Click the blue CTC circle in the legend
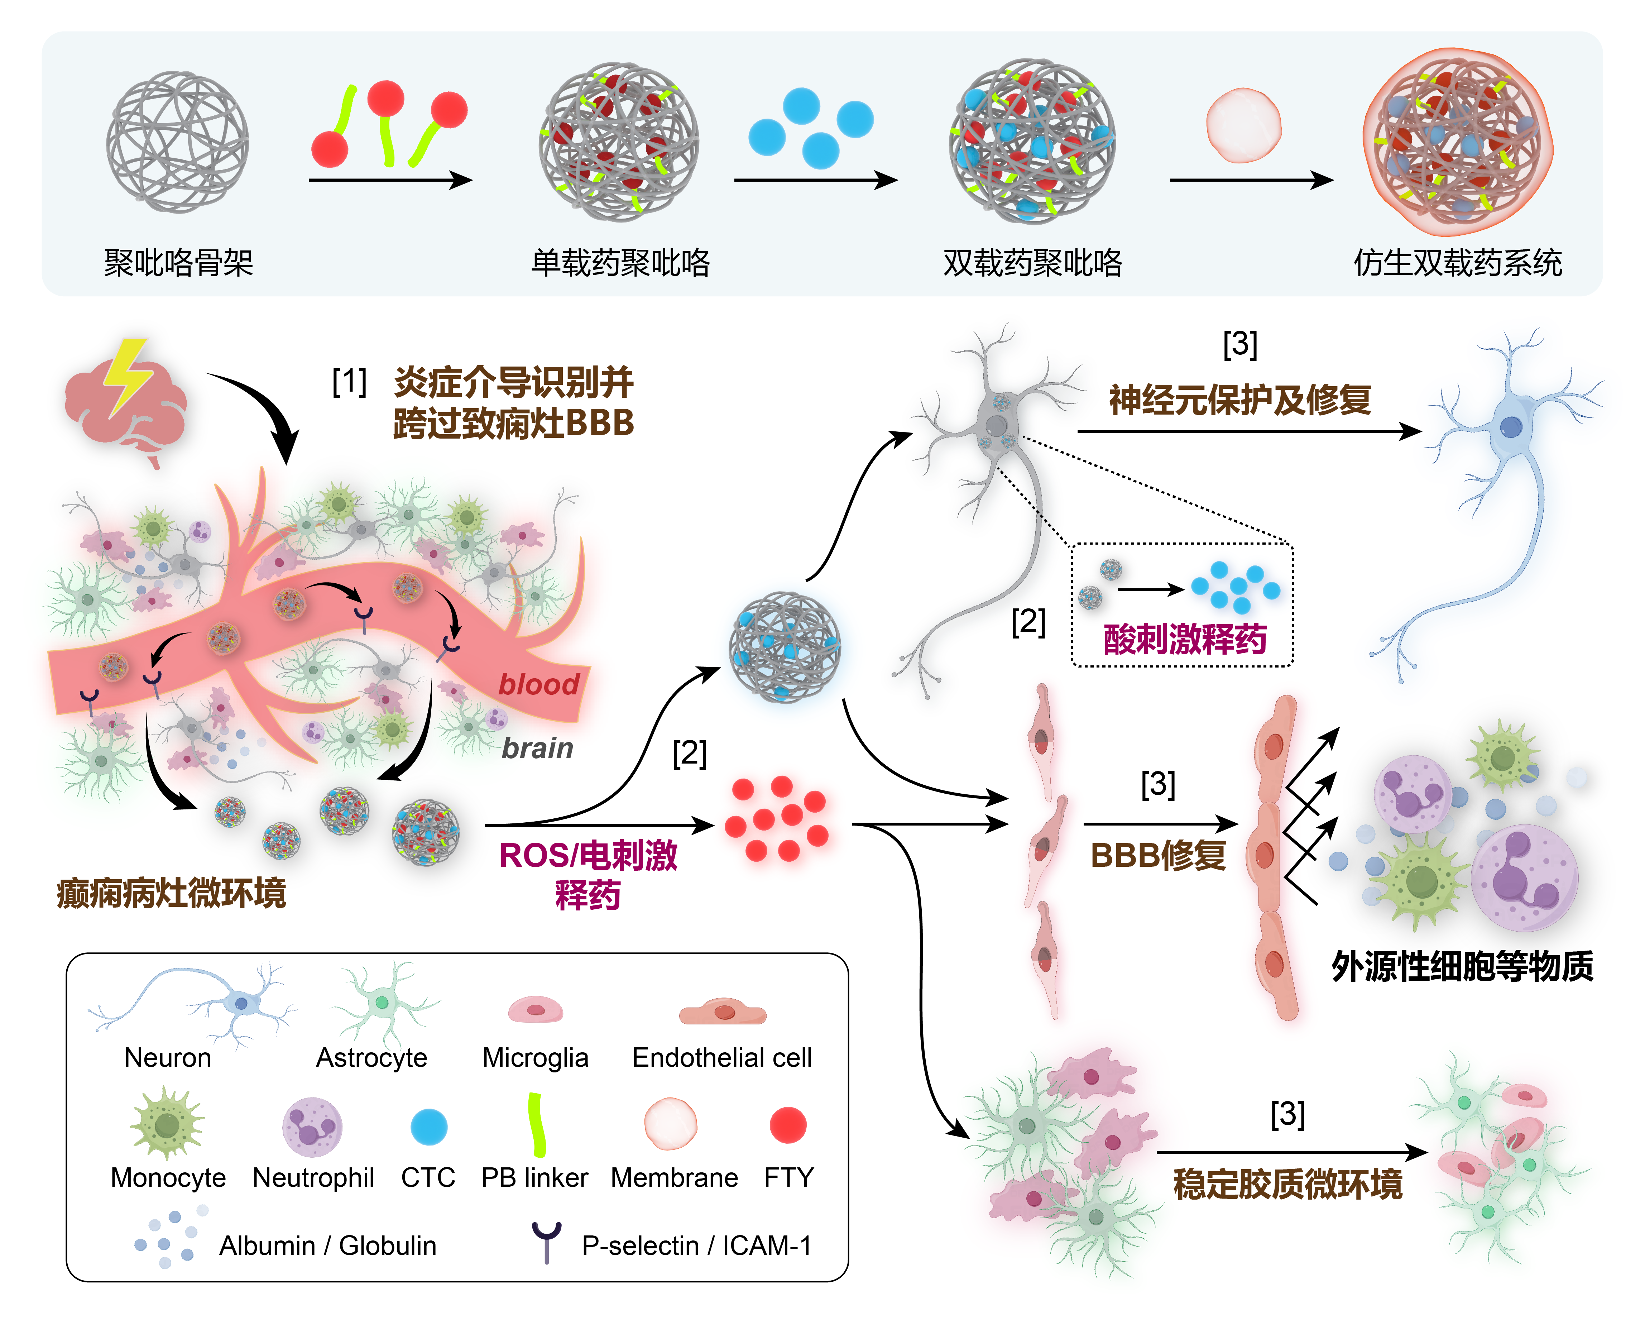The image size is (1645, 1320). coord(429,1126)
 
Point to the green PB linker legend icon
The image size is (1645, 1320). coord(536,1124)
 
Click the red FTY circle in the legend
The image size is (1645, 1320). coord(787,1125)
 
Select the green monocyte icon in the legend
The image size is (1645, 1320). coord(167,1125)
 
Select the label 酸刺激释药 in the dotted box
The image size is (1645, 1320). coord(1184,640)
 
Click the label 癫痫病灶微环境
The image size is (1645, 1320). coord(172,893)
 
